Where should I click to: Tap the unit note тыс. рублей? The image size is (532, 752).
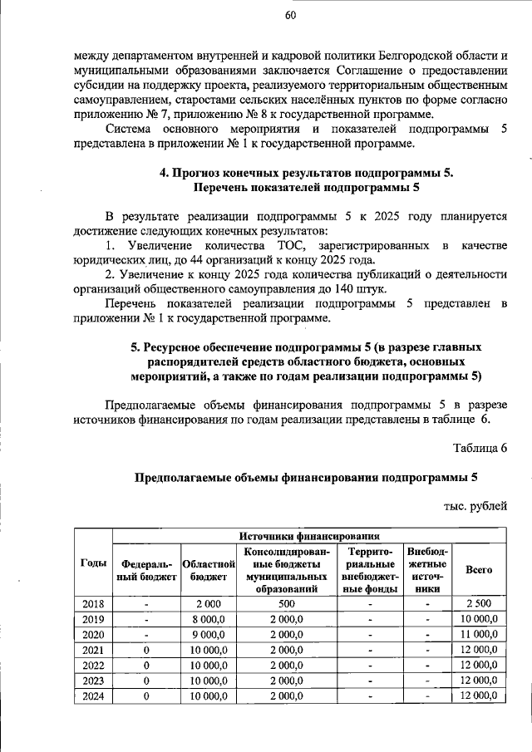click(475, 504)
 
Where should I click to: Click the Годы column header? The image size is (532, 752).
click(93, 563)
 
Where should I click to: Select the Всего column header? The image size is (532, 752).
click(479, 569)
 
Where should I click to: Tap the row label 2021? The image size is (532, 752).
click(93, 649)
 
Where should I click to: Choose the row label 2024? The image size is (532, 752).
click(93, 696)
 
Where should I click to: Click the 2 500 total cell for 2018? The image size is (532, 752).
click(479, 602)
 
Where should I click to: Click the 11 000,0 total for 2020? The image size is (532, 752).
click(479, 634)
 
